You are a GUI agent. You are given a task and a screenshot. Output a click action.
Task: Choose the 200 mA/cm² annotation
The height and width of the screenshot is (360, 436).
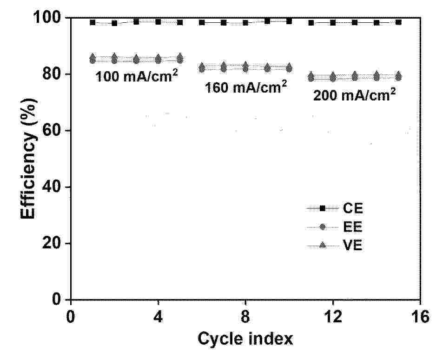coord(355,95)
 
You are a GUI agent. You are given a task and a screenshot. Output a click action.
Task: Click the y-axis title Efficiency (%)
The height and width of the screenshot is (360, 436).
coord(29,158)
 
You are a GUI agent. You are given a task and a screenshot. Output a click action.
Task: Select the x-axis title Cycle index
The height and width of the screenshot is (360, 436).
coord(245,339)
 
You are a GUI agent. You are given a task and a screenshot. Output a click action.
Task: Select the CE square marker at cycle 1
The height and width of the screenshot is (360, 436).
coord(92,22)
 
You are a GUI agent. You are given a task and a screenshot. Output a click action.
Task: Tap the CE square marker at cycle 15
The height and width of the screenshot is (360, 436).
coord(398,22)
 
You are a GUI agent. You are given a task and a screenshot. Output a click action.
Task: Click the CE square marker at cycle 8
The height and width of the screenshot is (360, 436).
coord(245,22)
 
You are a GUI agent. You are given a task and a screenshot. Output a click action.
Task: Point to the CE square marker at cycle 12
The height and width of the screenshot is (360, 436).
coord(333,22)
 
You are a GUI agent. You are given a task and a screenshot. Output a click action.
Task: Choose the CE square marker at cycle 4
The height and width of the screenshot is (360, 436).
coord(158,22)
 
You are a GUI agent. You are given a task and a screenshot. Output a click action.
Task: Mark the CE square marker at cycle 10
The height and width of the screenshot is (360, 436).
coord(289,21)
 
